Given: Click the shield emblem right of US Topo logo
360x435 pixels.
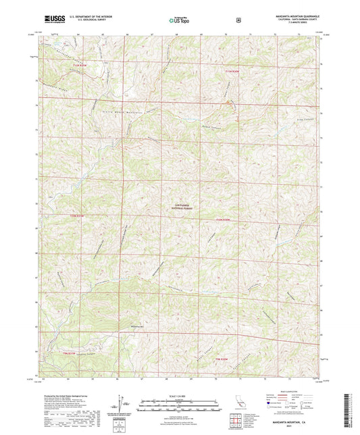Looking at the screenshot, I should pos(238,20).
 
